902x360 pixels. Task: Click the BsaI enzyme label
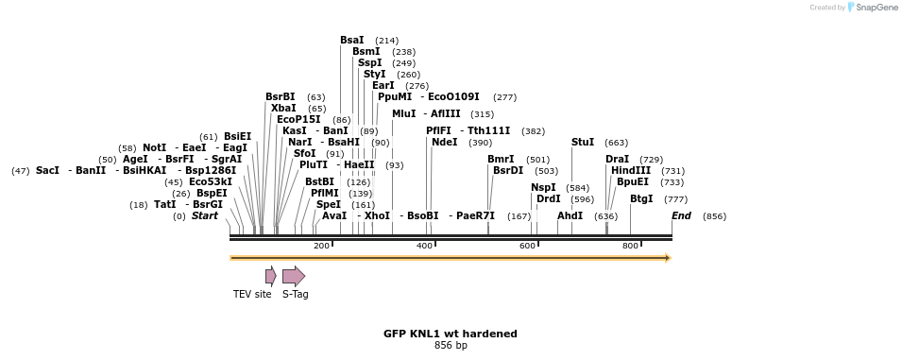(x=351, y=40)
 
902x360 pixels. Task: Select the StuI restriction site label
(x=583, y=142)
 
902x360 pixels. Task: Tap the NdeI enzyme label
(x=444, y=142)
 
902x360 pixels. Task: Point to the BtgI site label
(x=641, y=198)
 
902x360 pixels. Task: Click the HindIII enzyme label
(x=631, y=170)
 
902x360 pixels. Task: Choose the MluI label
(x=403, y=113)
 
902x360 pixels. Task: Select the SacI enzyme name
(x=47, y=170)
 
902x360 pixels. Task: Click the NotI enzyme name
(x=154, y=147)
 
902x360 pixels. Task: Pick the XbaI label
(x=283, y=108)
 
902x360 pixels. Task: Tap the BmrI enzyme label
(x=501, y=159)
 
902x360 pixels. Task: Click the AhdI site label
(x=570, y=215)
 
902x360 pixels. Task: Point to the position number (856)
(x=714, y=216)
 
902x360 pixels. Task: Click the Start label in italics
(x=204, y=215)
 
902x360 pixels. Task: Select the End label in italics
(x=681, y=215)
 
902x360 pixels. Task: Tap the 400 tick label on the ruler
(x=425, y=246)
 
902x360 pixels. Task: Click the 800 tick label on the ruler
(x=630, y=246)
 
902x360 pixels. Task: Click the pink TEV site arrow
(x=271, y=276)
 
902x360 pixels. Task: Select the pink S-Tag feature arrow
(x=294, y=276)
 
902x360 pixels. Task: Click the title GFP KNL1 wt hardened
(x=450, y=334)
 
